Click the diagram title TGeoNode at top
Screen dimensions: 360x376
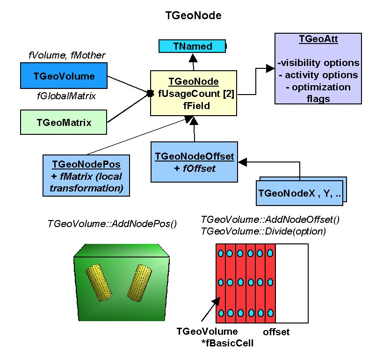point(194,15)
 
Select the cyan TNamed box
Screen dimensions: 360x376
point(192,46)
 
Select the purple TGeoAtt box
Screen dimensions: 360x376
point(318,68)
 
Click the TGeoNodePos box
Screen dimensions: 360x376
point(86,176)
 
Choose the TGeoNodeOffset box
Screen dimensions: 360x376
point(194,162)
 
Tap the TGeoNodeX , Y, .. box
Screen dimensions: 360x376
point(300,192)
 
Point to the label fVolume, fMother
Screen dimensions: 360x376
point(67,55)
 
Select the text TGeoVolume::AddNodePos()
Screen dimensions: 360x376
point(112,223)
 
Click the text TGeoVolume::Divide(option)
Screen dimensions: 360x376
point(263,231)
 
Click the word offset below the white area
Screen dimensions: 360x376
point(276,332)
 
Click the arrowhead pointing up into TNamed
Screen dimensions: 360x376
point(192,57)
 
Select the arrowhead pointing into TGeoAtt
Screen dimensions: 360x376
point(270,69)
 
